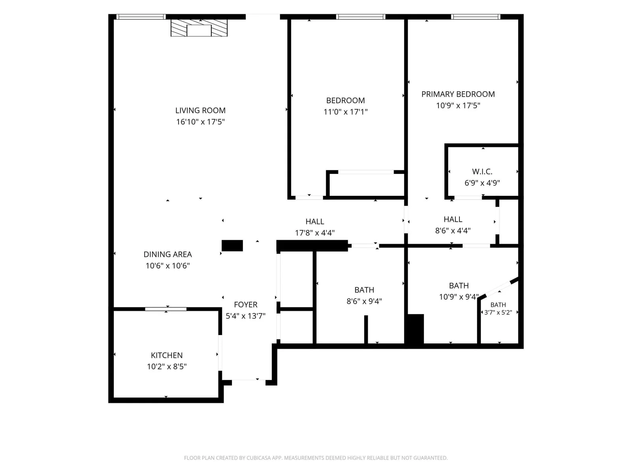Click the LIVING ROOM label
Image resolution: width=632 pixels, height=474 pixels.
pyautogui.click(x=200, y=110)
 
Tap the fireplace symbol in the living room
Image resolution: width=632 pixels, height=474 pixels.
pyautogui.click(x=199, y=28)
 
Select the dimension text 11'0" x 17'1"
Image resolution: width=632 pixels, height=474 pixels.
pyautogui.click(x=345, y=112)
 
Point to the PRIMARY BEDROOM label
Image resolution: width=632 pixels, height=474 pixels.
pyautogui.click(x=458, y=94)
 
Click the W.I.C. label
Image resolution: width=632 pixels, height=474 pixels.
pyautogui.click(x=482, y=171)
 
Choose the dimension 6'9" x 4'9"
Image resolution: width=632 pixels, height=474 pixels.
pyautogui.click(x=482, y=183)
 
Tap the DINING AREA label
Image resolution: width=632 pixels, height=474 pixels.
pyautogui.click(x=167, y=254)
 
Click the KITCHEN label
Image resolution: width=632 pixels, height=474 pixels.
pyautogui.click(x=167, y=355)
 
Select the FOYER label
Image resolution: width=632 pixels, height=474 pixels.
pyautogui.click(x=246, y=305)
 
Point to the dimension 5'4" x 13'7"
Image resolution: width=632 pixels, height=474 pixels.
pyautogui.click(x=246, y=316)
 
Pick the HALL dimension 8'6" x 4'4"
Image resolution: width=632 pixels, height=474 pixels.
pyautogui.click(x=453, y=231)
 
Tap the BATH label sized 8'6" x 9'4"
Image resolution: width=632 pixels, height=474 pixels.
pyautogui.click(x=364, y=290)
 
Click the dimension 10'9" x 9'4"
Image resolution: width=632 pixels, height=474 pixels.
pyautogui.click(x=459, y=297)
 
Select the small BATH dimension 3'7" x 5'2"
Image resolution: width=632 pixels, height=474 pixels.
pyautogui.click(x=498, y=312)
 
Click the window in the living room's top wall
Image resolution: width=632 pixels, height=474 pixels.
pyautogui.click(x=141, y=17)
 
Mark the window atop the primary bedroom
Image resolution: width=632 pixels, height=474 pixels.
pyautogui.click(x=475, y=17)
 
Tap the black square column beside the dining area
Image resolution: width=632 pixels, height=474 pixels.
pyautogui.click(x=232, y=245)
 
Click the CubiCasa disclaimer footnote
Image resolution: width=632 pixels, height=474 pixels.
pyautogui.click(x=316, y=458)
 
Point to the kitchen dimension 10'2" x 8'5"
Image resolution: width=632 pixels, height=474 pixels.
pyautogui.click(x=167, y=367)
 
